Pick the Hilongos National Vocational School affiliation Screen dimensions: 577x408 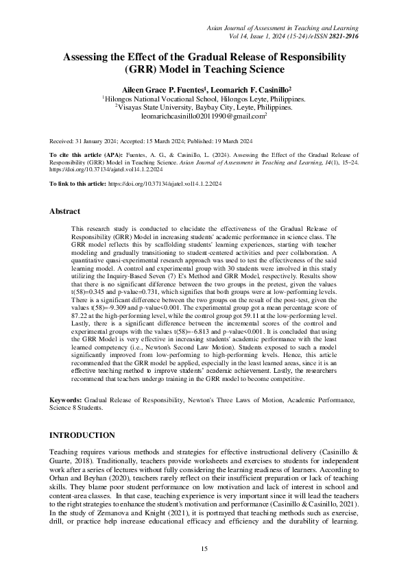[204, 99]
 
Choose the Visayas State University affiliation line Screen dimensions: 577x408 [204, 108]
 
